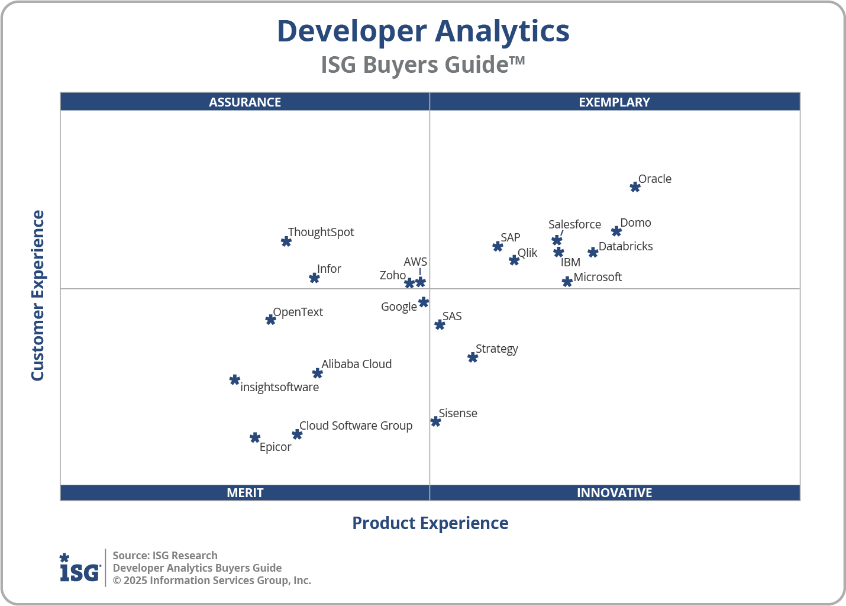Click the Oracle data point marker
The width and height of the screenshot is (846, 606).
pyautogui.click(x=635, y=187)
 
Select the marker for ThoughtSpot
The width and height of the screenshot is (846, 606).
pyautogui.click(x=286, y=241)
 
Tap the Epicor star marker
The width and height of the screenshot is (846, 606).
pyautogui.click(x=255, y=438)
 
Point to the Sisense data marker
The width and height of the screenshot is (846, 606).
pyautogui.click(x=435, y=421)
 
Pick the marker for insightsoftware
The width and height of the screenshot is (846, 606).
pyautogui.click(x=235, y=380)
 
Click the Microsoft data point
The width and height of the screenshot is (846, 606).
pyautogui.click(x=567, y=282)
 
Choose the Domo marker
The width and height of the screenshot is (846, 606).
pyautogui.click(x=616, y=231)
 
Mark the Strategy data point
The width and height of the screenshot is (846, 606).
pyautogui.click(x=473, y=357)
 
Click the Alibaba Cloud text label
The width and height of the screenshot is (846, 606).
pyautogui.click(x=356, y=364)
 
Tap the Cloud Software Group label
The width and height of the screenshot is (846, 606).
pyautogui.click(x=356, y=426)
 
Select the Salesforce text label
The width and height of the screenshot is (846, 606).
pyautogui.click(x=574, y=224)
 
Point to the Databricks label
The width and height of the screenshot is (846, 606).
pyautogui.click(x=625, y=246)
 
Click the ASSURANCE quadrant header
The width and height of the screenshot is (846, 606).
pyautogui.click(x=245, y=102)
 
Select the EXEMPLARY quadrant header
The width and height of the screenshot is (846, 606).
pyautogui.click(x=614, y=102)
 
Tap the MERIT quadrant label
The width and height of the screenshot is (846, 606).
pyautogui.click(x=245, y=492)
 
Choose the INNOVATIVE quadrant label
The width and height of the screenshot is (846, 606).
pyautogui.click(x=614, y=492)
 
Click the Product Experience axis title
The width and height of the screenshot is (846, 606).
pyautogui.click(x=430, y=523)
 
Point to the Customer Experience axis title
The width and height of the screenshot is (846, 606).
pyautogui.click(x=38, y=296)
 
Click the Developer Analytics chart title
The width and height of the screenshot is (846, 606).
pyautogui.click(x=423, y=31)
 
